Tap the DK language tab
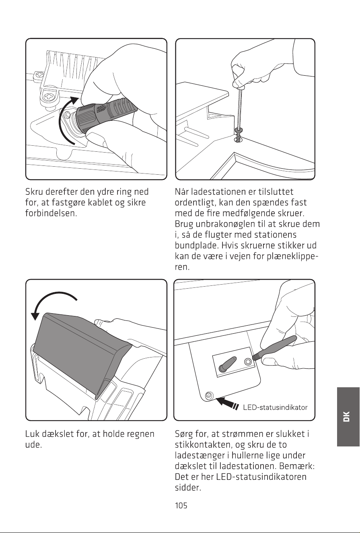(x=348, y=416)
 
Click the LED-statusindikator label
(x=275, y=407)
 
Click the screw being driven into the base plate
(x=238, y=135)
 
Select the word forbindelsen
(x=51, y=213)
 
